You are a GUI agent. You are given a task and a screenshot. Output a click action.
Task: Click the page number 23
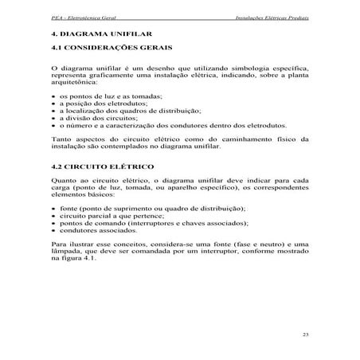click(x=305, y=333)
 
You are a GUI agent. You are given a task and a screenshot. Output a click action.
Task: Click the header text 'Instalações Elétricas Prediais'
click(x=272, y=17)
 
